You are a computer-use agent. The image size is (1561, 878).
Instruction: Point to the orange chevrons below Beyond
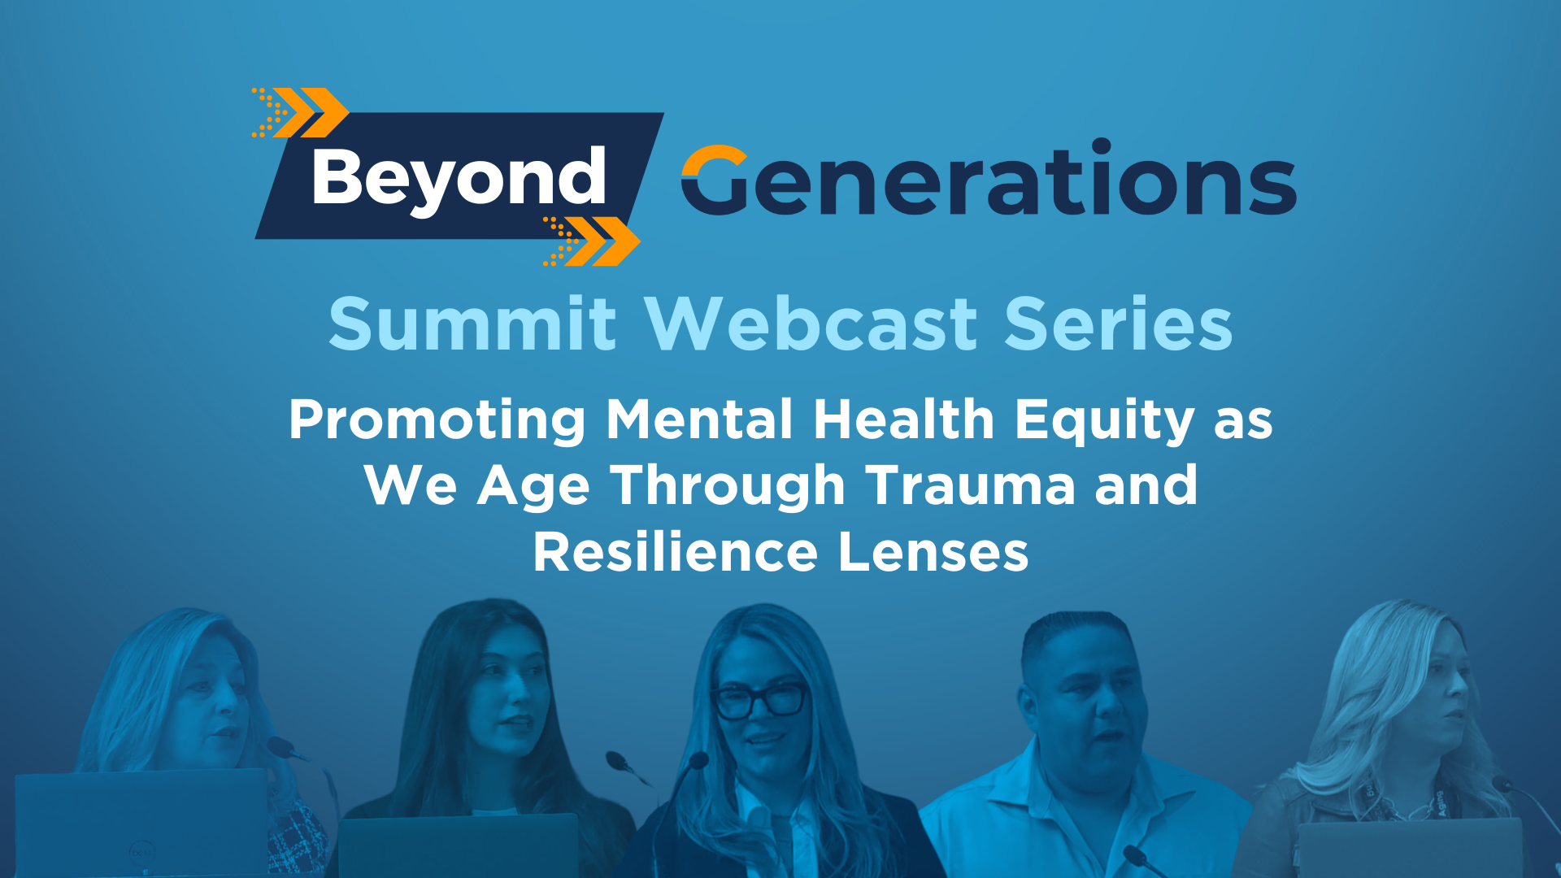coord(592,241)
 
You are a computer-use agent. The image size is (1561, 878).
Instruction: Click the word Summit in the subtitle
coord(472,324)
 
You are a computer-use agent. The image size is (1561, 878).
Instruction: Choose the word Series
coord(1119,324)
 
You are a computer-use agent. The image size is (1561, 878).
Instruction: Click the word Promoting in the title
coord(437,421)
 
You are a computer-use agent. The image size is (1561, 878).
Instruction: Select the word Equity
coord(1104,421)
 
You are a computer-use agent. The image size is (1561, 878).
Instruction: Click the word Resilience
coord(675,552)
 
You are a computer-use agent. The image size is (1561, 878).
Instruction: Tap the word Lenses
coord(933,552)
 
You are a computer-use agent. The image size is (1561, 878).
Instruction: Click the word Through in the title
coord(728,486)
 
